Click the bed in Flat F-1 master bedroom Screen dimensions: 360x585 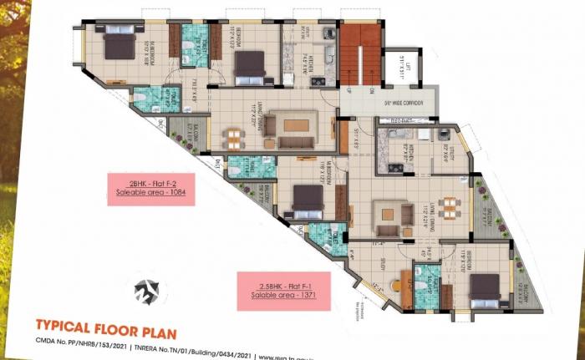click(x=307, y=198)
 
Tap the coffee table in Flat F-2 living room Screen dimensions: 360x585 click(x=295, y=125)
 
